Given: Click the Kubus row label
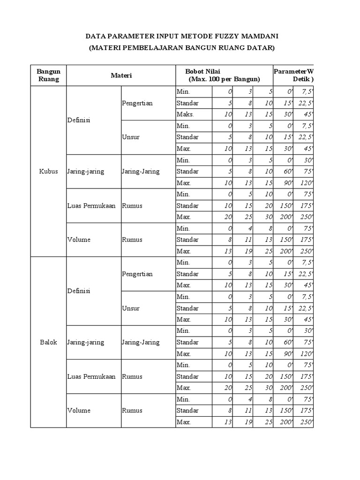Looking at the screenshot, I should (48, 171).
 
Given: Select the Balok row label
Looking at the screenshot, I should (48, 342).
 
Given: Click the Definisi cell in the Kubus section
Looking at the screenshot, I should (78, 120).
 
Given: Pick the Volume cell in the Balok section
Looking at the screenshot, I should (78, 411).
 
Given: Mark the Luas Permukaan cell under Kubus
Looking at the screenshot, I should (91, 205).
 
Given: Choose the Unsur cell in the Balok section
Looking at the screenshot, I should (131, 308).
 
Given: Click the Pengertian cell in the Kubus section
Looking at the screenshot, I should (137, 103).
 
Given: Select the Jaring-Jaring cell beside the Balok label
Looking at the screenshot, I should (140, 342).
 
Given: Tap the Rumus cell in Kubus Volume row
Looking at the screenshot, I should (132, 240).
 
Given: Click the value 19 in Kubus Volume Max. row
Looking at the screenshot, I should (242, 251).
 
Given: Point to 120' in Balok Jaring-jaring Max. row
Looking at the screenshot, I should (305, 354).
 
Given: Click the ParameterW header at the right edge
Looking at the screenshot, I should (293, 71).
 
